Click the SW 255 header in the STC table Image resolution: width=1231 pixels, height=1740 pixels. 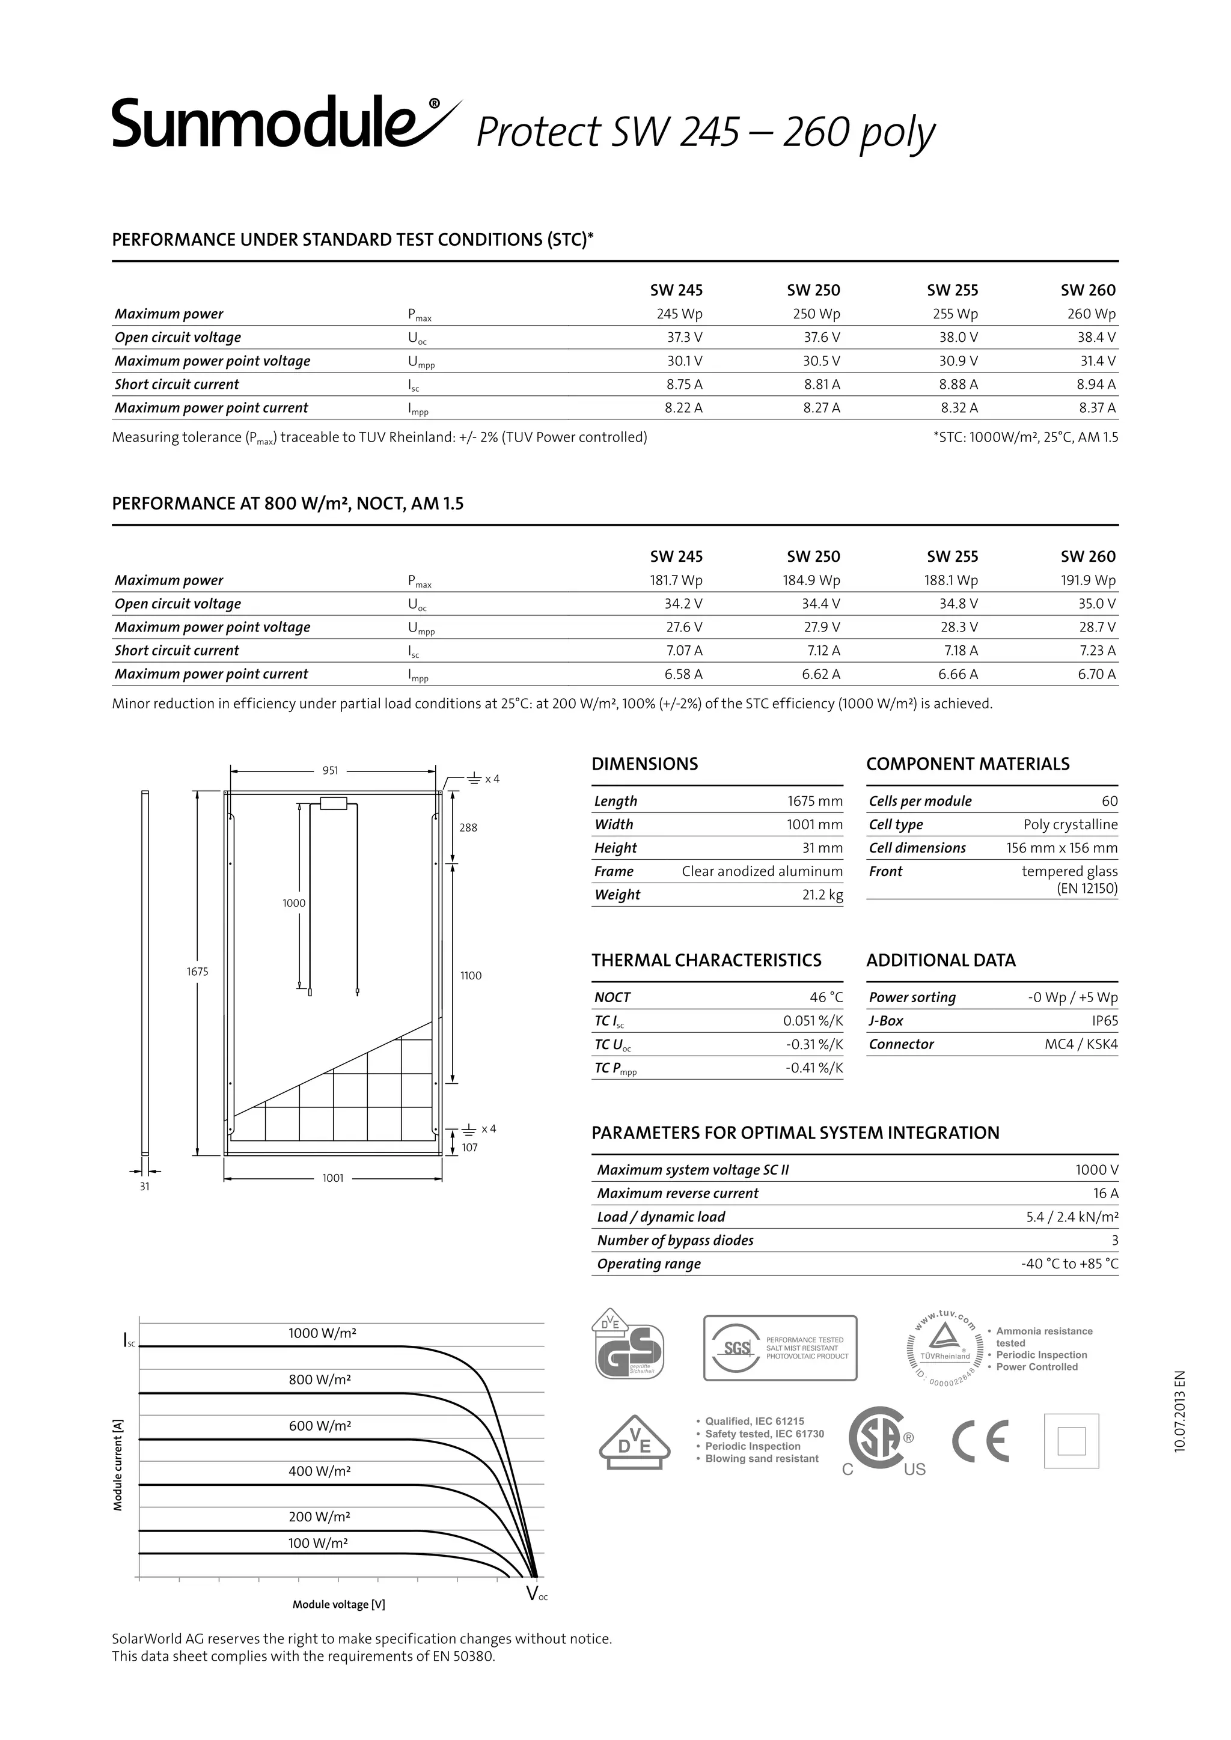(952, 290)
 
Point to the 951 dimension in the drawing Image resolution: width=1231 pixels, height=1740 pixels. (331, 771)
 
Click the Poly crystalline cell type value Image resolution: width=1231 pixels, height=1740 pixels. (1071, 824)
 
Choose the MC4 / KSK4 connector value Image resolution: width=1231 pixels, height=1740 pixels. (1081, 1044)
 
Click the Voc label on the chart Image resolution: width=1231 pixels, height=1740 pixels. (536, 1594)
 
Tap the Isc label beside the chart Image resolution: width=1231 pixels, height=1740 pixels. (129, 1342)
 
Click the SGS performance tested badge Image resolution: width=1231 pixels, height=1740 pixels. (780, 1348)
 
